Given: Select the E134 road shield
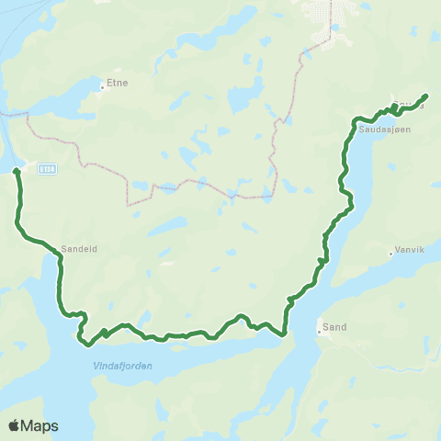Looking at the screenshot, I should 43,167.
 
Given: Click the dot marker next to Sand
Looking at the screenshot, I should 319,329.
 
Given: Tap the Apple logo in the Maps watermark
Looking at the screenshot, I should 15,425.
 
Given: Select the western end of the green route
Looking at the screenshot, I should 16,171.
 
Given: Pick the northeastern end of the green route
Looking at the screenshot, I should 426,96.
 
